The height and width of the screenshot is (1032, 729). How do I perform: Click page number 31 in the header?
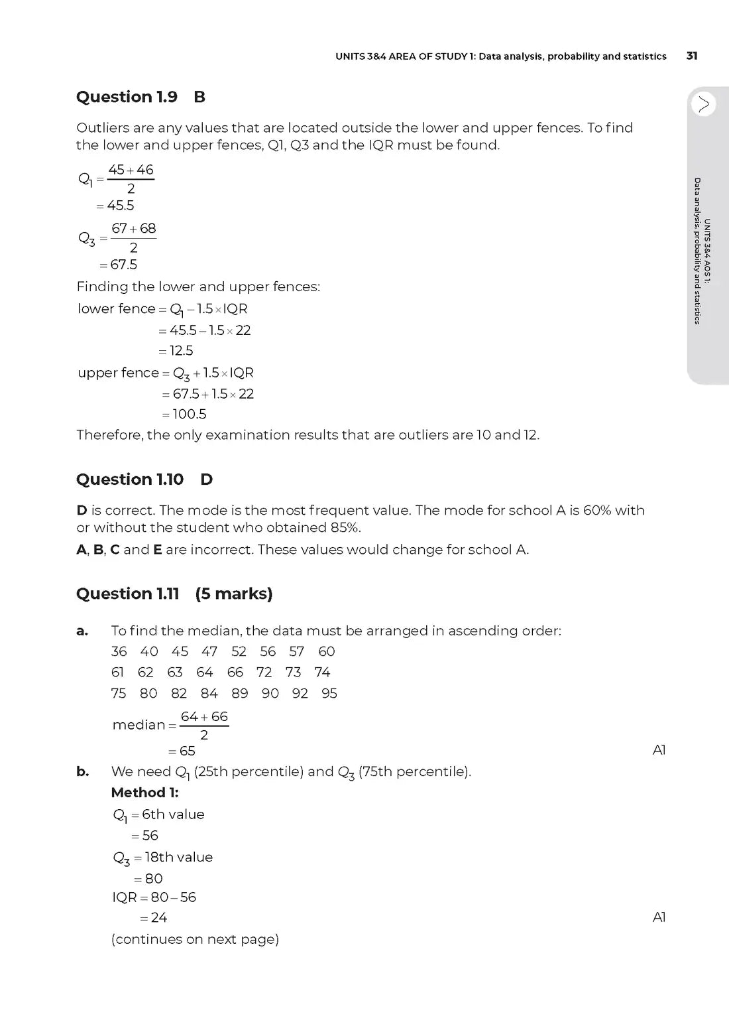point(691,56)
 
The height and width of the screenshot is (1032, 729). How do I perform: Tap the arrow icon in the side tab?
point(703,104)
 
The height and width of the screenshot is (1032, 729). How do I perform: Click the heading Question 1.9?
point(127,97)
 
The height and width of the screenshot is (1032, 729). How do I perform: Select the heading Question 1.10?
point(130,479)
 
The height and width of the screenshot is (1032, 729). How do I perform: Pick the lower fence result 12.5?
point(181,350)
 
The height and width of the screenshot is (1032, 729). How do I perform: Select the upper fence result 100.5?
point(189,414)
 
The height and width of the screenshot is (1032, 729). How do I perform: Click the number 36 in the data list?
point(119,651)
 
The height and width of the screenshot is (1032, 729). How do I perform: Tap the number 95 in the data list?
point(329,693)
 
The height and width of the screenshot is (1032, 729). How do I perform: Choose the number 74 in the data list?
point(322,672)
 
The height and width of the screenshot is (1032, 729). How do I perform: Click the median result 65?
point(187,751)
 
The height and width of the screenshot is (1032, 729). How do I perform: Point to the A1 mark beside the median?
point(659,749)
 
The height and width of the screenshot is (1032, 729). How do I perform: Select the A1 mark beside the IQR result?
point(659,917)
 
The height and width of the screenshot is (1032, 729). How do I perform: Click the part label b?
point(82,771)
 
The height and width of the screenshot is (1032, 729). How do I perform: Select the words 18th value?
point(179,857)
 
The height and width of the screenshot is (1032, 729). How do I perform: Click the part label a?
point(82,631)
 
